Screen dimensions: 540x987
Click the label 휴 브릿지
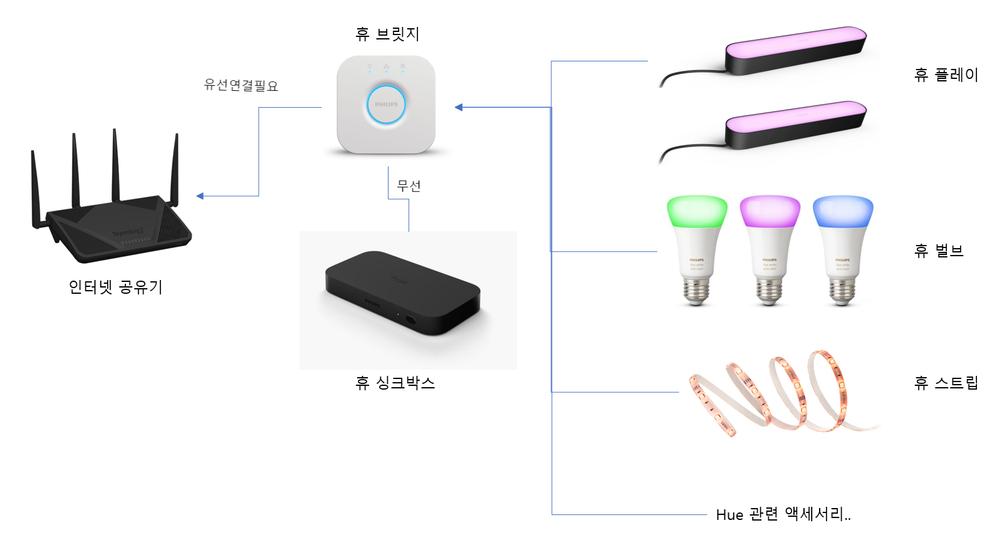click(387, 34)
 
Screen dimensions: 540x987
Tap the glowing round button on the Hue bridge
click(386, 105)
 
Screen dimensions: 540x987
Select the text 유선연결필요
click(241, 85)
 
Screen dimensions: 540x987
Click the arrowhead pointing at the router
click(200, 196)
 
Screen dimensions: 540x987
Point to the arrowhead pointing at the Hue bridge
click(459, 107)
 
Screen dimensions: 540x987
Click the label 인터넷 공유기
click(115, 287)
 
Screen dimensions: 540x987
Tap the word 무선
click(409, 186)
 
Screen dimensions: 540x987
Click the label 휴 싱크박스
click(395, 383)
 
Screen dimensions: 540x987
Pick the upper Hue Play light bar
click(795, 50)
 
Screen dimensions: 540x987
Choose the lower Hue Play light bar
click(795, 125)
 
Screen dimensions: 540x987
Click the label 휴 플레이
click(946, 75)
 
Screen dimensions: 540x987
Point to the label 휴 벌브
click(938, 251)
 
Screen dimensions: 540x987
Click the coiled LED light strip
click(777, 395)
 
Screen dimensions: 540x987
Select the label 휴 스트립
click(946, 383)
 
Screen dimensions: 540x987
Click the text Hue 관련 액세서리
click(783, 514)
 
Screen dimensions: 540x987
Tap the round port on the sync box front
click(410, 319)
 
